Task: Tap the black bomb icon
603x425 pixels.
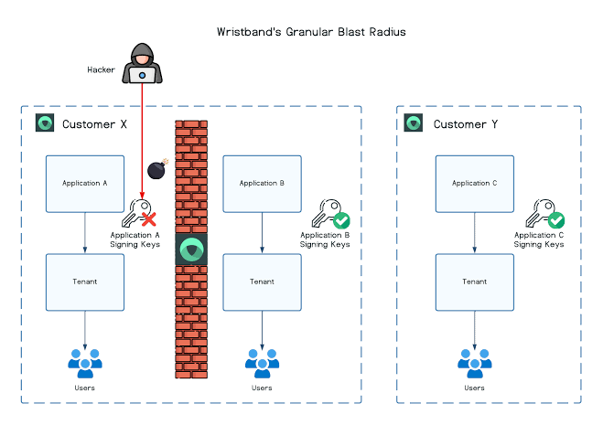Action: (157, 170)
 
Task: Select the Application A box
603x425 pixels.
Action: (85, 184)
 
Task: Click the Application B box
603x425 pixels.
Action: (263, 184)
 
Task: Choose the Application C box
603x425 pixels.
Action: (474, 184)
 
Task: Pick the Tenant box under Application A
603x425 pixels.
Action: (85, 282)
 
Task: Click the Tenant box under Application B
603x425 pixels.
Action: (263, 282)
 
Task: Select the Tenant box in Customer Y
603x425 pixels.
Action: (474, 282)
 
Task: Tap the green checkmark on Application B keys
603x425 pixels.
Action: (341, 220)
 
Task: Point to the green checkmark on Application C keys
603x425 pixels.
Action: (555, 220)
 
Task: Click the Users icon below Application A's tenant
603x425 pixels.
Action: (85, 362)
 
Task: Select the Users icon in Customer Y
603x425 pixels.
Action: (474, 362)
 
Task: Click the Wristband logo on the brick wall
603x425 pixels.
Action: (191, 250)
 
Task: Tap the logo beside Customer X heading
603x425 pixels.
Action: (44, 123)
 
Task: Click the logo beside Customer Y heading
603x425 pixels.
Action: (414, 123)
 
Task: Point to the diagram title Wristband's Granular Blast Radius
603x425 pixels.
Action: (311, 32)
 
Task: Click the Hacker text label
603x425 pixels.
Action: (101, 69)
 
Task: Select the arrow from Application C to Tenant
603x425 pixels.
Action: (474, 233)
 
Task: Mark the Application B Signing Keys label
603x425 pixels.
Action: (326, 240)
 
